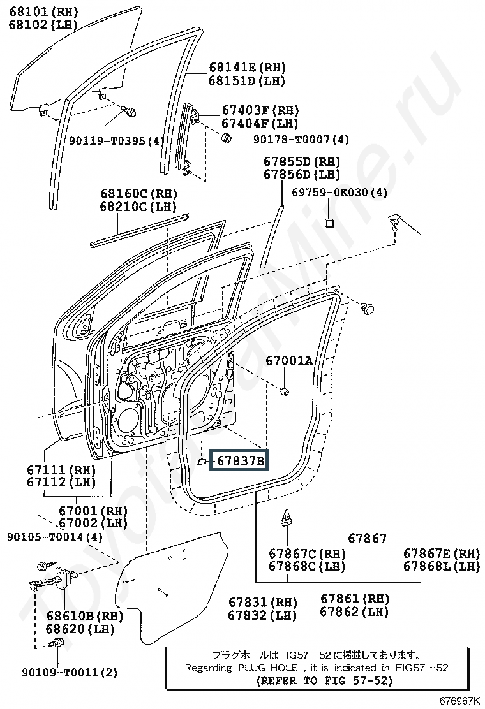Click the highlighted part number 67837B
point(240,460)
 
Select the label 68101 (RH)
point(43,11)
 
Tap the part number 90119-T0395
point(107,141)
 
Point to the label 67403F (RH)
point(260,110)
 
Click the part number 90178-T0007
point(292,139)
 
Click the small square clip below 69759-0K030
point(329,223)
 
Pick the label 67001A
point(289,360)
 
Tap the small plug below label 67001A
point(285,391)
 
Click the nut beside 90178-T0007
point(227,138)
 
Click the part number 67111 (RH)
point(68,470)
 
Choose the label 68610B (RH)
point(85,616)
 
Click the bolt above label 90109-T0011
point(57,643)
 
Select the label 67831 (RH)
point(262,602)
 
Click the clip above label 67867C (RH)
point(287,518)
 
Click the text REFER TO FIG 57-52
point(324,680)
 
